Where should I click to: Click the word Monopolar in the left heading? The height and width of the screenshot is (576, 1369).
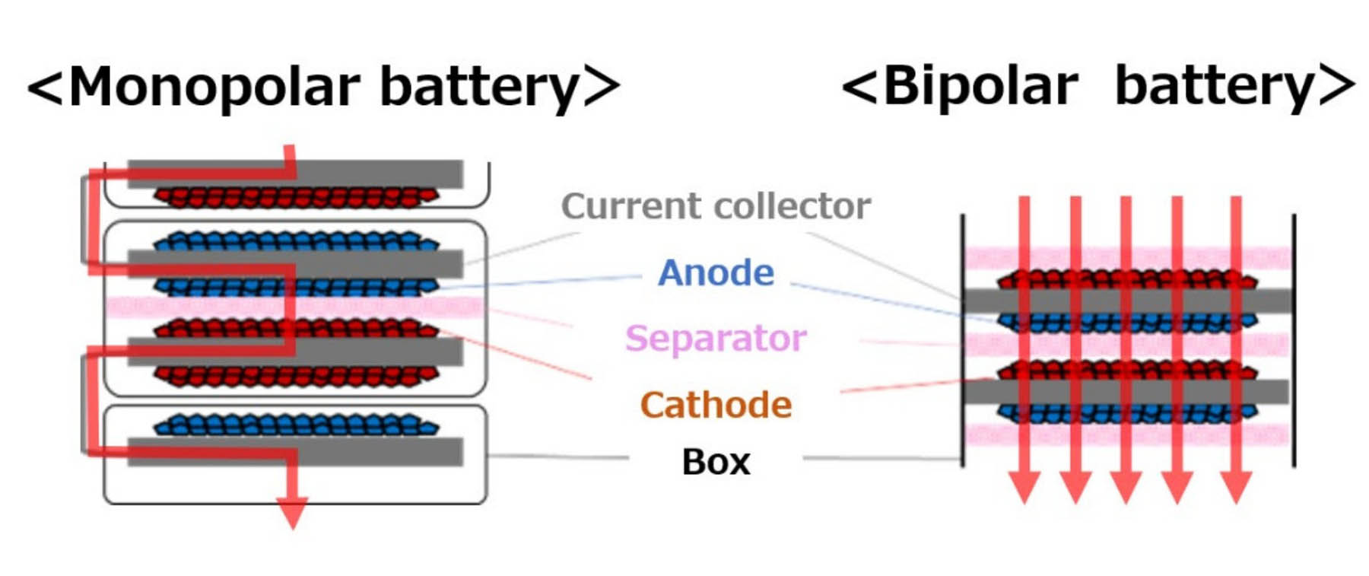[213, 86]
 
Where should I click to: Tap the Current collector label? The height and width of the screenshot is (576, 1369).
[716, 206]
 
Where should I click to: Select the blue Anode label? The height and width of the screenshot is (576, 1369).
[716, 272]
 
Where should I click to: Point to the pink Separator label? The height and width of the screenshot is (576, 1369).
[716, 338]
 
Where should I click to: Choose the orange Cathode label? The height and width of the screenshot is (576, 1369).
[716, 405]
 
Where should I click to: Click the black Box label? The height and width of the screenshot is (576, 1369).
[716, 462]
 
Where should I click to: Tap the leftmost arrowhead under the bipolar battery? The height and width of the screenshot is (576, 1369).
[1024, 487]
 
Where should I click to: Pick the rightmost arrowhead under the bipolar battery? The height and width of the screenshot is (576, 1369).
[1236, 487]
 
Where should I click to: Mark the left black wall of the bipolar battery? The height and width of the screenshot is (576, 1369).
[963, 342]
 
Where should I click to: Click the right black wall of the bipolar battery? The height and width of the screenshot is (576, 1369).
[1294, 342]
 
